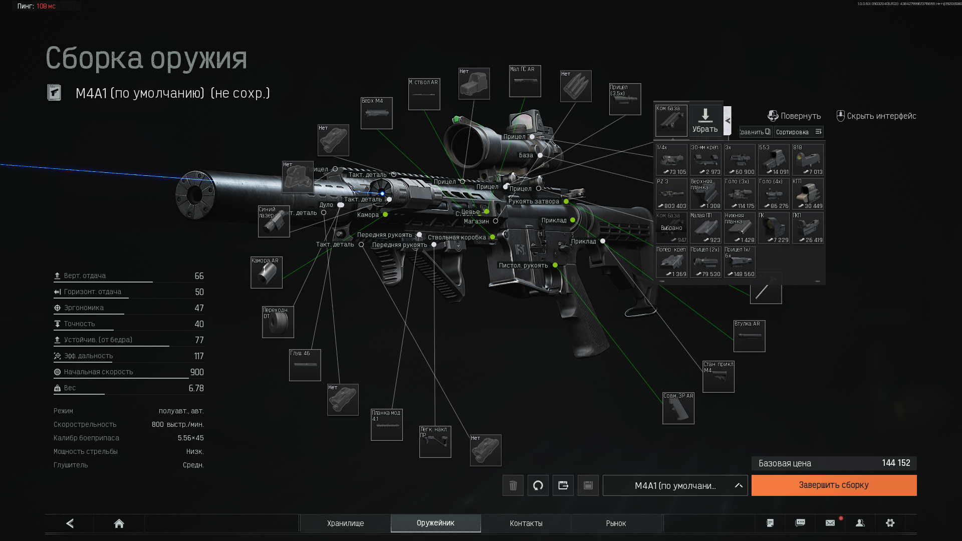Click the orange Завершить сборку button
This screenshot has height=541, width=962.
(834, 485)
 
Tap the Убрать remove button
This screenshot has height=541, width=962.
(705, 120)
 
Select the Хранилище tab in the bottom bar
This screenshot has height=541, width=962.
(345, 523)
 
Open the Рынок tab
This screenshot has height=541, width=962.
(616, 523)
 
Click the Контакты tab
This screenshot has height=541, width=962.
(526, 523)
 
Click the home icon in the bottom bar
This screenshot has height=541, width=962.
(119, 523)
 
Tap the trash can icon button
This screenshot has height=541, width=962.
(513, 485)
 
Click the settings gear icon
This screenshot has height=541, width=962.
(890, 523)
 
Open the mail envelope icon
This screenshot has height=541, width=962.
(830, 523)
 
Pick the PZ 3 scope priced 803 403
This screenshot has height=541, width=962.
(671, 194)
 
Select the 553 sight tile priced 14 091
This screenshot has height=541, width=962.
(774, 160)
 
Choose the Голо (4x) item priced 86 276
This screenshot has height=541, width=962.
(774, 194)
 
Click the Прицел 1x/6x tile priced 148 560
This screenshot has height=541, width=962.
(740, 262)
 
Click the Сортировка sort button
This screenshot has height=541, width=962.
(798, 132)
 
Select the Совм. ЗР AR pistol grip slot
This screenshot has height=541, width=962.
(678, 408)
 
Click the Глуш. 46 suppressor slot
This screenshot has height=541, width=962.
(305, 365)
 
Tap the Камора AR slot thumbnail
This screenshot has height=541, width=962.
(266, 273)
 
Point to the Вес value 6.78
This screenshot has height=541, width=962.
(196, 388)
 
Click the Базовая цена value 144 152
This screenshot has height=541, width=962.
(896, 463)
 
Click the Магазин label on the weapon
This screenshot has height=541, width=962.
(476, 221)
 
